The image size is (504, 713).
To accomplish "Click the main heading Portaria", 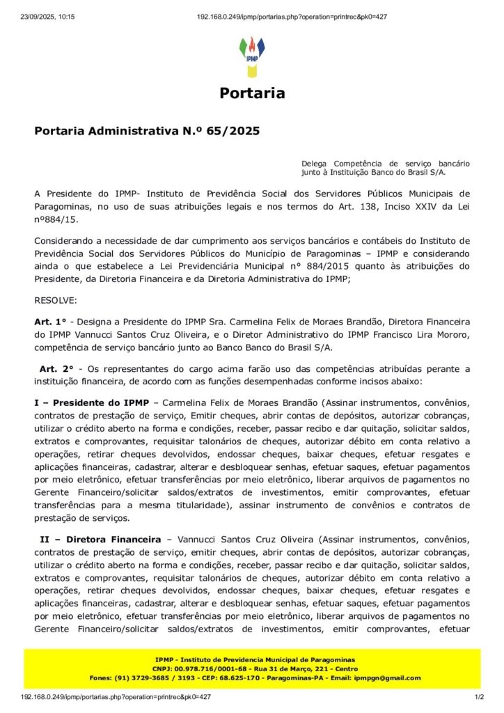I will pos(252,93).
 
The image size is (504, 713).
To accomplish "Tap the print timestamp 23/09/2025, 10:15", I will pos(47,17).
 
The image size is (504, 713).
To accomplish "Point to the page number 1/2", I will pos(479,696).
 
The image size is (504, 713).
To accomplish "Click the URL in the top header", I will pos(292,17).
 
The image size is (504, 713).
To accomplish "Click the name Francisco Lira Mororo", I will pos(418,334).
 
